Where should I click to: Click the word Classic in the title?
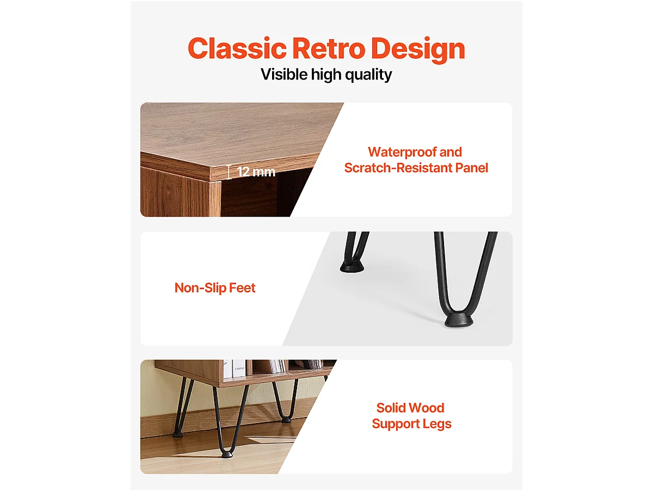pos(237,48)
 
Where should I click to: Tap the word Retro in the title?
pos(329,48)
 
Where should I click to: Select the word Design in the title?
pos(418,50)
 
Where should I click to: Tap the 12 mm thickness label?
pos(256,172)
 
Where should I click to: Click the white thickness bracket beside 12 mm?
pos(229,172)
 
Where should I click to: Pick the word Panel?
pos(472,168)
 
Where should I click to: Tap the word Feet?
pos(242,287)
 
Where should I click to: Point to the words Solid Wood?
pos(410,408)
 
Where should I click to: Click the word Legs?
pos(437,424)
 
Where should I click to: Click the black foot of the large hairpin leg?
pos(459,319)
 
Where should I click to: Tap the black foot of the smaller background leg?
pos(352,266)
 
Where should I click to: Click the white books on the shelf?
pos(235,369)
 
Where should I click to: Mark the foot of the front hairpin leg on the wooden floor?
pos(227,454)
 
